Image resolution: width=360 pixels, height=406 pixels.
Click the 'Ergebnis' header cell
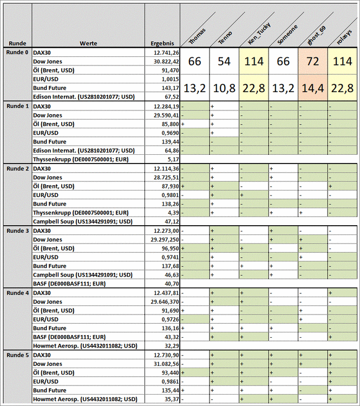[162, 43]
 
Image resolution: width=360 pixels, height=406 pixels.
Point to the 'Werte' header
[88, 43]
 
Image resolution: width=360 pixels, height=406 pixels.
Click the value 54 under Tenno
[224, 62]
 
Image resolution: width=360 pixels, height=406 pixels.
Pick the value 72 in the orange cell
[312, 62]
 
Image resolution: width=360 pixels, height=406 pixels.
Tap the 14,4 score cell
[312, 88]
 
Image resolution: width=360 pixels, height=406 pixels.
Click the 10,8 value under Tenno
[224, 88]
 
